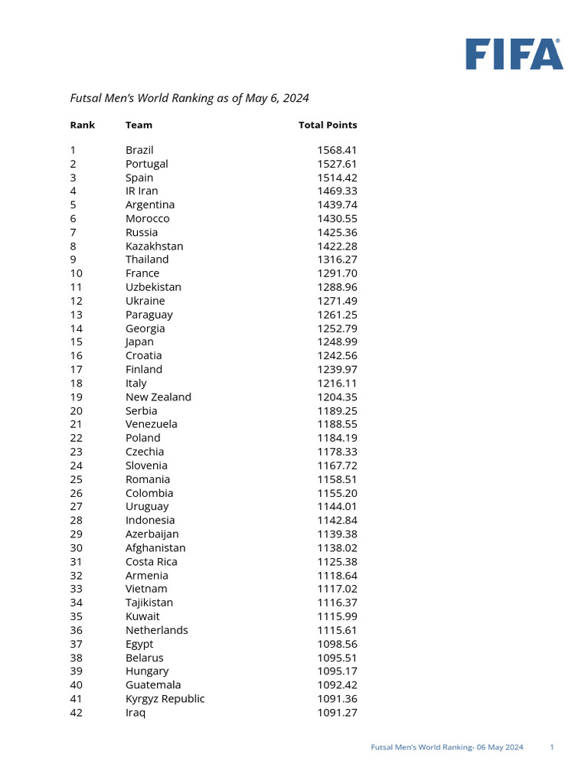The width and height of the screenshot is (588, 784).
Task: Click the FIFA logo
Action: coord(514,54)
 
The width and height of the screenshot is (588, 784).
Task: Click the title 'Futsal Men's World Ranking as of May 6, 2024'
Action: coord(189,98)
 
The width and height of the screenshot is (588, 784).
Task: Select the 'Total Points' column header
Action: coord(328,125)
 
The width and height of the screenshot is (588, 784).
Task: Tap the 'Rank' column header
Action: coord(83,125)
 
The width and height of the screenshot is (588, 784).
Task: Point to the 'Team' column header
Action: coord(139,125)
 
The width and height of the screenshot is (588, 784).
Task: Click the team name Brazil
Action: coord(139,150)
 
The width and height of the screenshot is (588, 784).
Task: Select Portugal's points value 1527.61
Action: coord(337,164)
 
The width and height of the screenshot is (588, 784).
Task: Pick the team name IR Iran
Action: coord(142,191)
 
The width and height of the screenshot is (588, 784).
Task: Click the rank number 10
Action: coord(77,273)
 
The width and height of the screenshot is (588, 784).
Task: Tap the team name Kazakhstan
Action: coord(154,246)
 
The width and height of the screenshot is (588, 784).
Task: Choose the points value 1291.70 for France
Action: coord(337,273)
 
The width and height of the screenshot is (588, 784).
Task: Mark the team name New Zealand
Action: coord(158,397)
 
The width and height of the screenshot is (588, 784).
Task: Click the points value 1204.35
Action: coord(337,397)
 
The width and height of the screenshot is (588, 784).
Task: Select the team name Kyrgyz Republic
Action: coord(165,698)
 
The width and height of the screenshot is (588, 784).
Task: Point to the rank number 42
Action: coord(77,712)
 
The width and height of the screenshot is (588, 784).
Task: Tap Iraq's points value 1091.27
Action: coord(337,712)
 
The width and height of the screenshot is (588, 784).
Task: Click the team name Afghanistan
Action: coord(155,547)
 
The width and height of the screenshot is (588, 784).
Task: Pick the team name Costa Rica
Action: coord(151,561)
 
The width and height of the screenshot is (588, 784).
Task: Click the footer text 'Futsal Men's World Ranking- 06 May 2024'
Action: coord(447,747)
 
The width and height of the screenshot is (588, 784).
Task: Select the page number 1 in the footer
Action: coord(552,747)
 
